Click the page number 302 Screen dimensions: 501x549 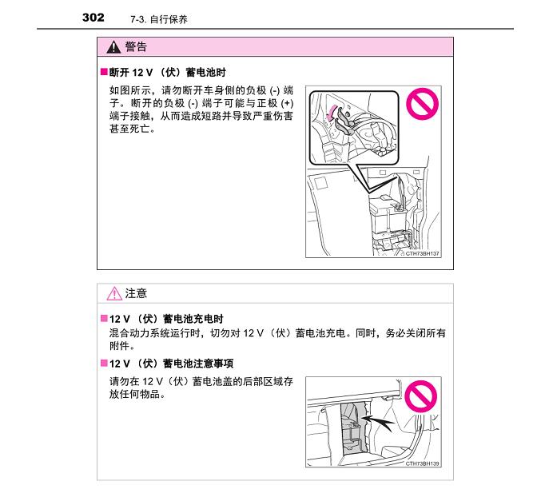point(93,17)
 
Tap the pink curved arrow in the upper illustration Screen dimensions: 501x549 point(331,112)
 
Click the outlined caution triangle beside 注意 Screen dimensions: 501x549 point(113,294)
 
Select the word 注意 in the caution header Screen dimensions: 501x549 point(136,294)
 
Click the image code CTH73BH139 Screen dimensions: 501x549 point(423,463)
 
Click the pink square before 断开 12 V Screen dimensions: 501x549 point(103,72)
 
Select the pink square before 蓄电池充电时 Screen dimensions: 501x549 point(103,319)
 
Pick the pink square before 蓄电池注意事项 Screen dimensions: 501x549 point(103,364)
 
